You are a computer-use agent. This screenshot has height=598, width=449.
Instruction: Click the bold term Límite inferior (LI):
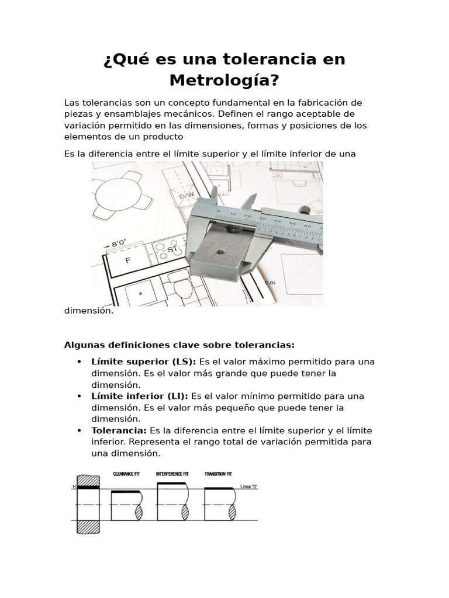tap(140, 396)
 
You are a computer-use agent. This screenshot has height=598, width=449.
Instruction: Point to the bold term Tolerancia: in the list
tap(119, 430)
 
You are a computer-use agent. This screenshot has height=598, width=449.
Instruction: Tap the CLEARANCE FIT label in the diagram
tap(126, 474)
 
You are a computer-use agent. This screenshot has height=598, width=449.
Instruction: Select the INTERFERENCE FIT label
tap(172, 474)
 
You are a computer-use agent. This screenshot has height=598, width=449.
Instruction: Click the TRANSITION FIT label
tap(219, 474)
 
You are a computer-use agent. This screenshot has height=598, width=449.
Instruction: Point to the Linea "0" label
tap(248, 486)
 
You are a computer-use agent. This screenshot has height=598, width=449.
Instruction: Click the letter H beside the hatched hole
tap(74, 486)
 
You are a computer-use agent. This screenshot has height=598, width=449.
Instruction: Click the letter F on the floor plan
tap(127, 261)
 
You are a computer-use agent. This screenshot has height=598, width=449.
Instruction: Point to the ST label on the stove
tap(172, 250)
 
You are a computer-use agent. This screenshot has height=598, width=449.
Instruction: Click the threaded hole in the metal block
tap(220, 252)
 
